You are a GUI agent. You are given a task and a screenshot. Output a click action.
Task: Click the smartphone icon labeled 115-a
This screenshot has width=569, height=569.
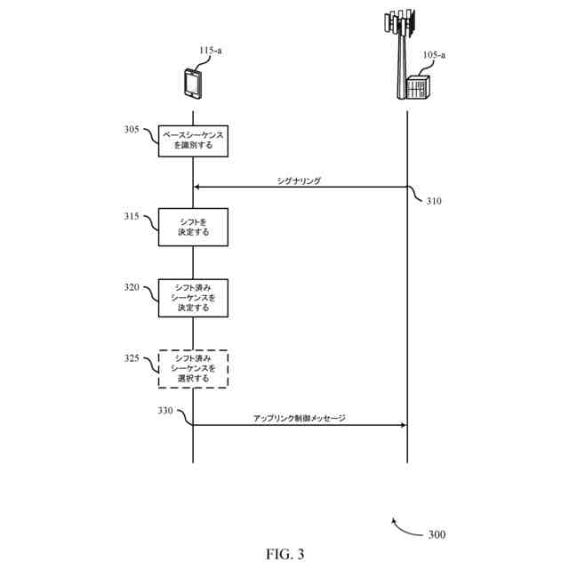tap(192, 84)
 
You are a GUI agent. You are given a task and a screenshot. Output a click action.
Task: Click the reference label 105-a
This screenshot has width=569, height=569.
tap(434, 55)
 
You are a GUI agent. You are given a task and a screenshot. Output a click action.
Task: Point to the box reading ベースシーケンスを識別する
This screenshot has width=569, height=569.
tap(193, 140)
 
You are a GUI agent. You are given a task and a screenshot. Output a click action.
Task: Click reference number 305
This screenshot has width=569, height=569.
tap(132, 130)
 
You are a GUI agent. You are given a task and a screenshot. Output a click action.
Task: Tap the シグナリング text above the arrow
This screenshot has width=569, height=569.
tap(299, 180)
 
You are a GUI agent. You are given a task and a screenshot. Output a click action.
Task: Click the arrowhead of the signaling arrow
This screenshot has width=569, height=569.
tap(197, 187)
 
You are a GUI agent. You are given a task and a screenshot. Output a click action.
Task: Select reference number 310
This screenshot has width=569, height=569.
tap(433, 201)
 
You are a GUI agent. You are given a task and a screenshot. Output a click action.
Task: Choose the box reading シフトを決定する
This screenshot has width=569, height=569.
tap(193, 226)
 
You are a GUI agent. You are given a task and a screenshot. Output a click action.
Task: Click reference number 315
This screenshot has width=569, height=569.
tap(132, 215)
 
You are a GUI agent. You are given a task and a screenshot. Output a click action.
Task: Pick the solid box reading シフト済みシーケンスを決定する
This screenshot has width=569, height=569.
tap(193, 297)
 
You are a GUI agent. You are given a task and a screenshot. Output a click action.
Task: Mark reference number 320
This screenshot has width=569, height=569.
tap(132, 287)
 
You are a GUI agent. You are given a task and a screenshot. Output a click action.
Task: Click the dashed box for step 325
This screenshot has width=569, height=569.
tap(193, 368)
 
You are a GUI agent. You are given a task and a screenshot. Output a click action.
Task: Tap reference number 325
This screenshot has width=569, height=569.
tap(132, 358)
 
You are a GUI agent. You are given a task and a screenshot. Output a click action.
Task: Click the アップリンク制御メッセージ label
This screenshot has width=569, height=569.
tap(300, 418)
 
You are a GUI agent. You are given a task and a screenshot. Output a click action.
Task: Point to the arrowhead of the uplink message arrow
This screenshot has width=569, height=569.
tap(403, 425)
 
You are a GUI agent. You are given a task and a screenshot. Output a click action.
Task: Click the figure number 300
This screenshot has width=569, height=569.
tap(437, 535)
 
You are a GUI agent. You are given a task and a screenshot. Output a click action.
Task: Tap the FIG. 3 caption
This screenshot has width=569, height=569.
tap(284, 554)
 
